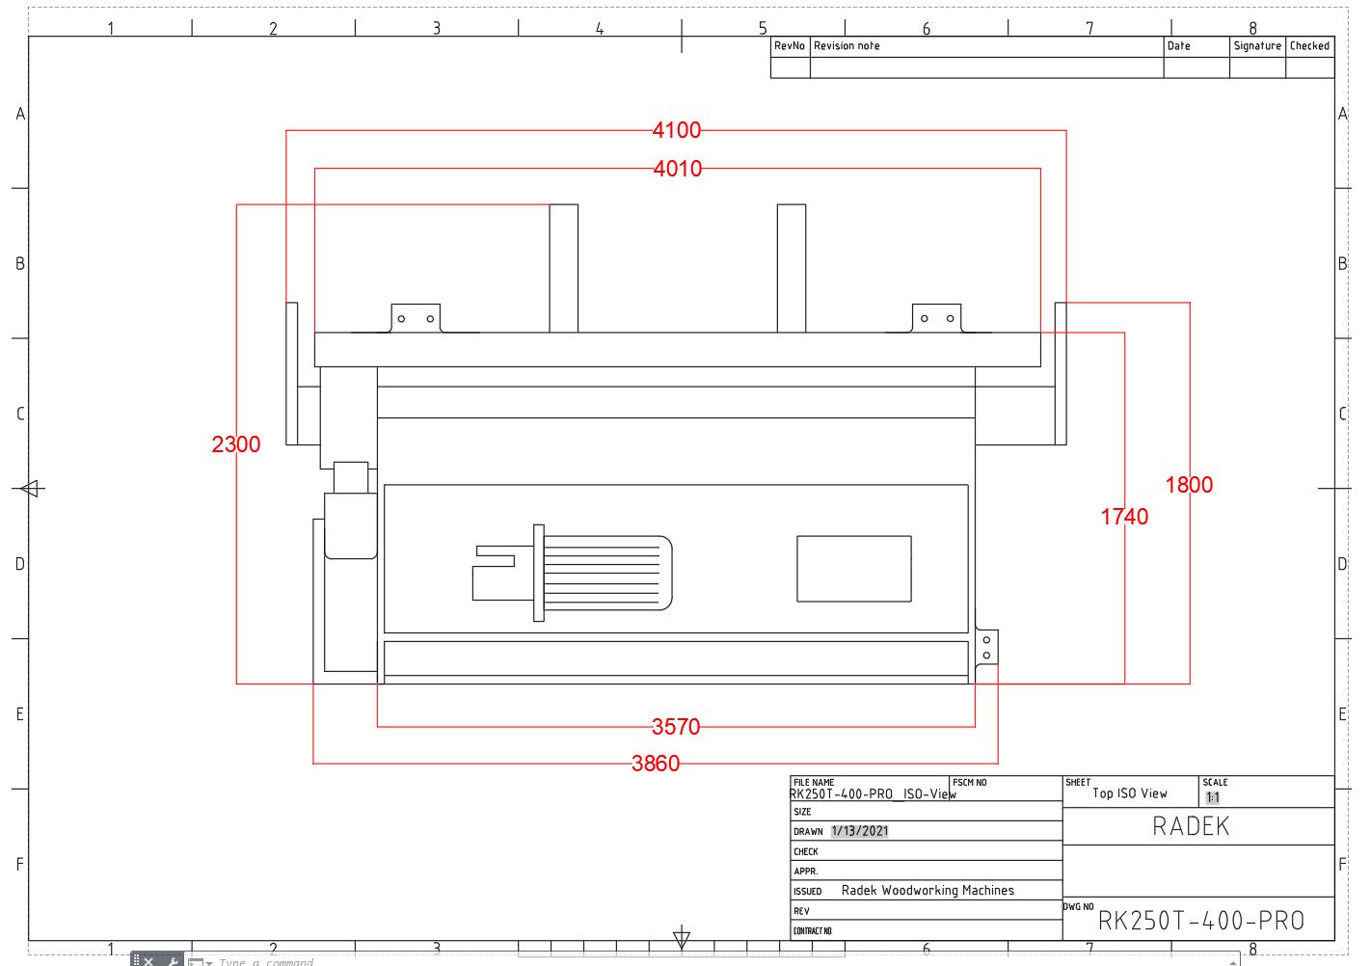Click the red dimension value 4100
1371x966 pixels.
[x=676, y=130]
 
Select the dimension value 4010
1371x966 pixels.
[x=677, y=169]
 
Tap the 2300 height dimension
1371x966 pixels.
[x=236, y=444]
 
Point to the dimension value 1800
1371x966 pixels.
[x=1189, y=485]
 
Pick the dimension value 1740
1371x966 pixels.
[x=1124, y=517]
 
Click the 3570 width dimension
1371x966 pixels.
[x=676, y=727]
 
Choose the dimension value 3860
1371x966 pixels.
[x=656, y=764]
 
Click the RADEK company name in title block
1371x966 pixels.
[x=1191, y=826]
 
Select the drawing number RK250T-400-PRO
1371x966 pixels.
[x=1201, y=921]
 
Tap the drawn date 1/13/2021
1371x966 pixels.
[x=859, y=831]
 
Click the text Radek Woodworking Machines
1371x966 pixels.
[x=927, y=891]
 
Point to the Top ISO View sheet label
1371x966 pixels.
[x=1129, y=793]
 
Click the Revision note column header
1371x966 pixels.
[x=847, y=46]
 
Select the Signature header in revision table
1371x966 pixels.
[x=1257, y=46]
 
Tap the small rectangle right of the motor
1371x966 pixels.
[x=853, y=569]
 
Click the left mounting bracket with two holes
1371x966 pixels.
[x=416, y=318]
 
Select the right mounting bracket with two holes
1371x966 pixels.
[x=937, y=318]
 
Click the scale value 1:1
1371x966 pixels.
[x=1213, y=798]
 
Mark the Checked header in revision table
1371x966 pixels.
[x=1309, y=46]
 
